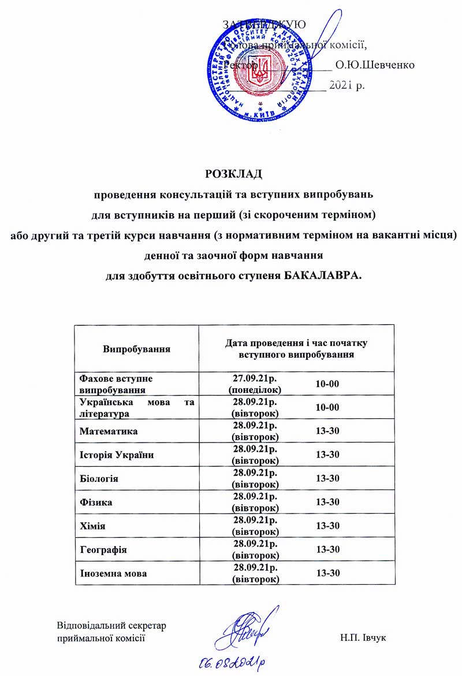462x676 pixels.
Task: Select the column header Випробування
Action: coord(136,349)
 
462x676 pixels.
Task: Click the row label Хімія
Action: coord(92,526)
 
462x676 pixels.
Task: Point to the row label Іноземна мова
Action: coord(112,574)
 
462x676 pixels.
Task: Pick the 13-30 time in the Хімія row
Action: coord(327,526)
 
